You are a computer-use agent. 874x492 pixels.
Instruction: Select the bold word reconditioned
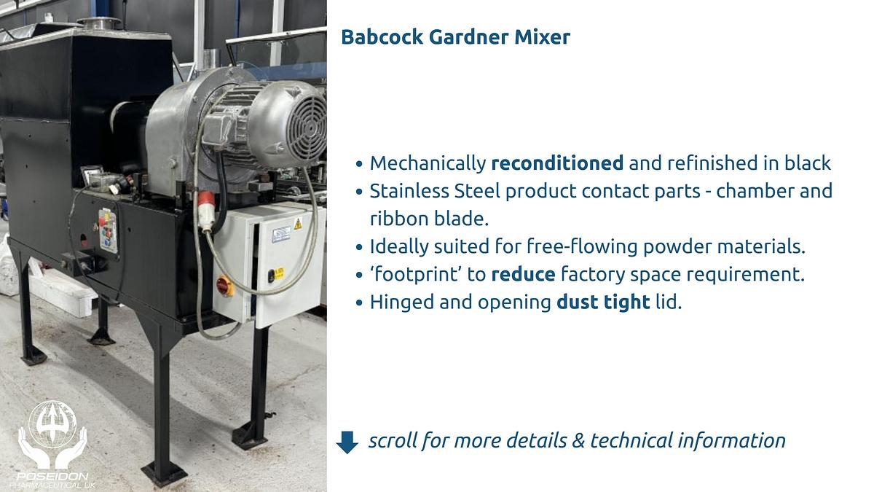pyautogui.click(x=557, y=163)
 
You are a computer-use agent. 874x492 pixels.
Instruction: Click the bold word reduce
pyautogui.click(x=523, y=275)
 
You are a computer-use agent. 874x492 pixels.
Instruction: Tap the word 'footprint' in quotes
pyautogui.click(x=414, y=275)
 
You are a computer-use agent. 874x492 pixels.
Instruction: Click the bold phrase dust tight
pyautogui.click(x=602, y=302)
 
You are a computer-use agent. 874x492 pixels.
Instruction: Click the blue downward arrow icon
pyautogui.click(x=347, y=442)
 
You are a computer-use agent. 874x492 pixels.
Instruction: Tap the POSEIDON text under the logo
pyautogui.click(x=52, y=476)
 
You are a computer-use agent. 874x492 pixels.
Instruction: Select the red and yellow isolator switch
pyautogui.click(x=225, y=286)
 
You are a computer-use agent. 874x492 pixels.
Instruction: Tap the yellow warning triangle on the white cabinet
pyautogui.click(x=297, y=224)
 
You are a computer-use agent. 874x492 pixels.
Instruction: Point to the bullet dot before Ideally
pyautogui.click(x=359, y=247)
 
